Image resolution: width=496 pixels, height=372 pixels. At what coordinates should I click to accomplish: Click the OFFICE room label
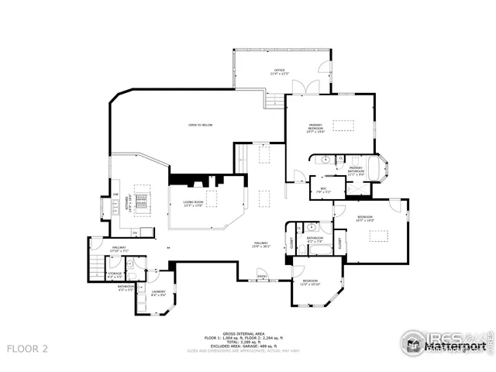point(277,71)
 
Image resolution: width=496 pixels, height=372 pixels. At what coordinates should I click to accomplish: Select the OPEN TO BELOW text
point(200,125)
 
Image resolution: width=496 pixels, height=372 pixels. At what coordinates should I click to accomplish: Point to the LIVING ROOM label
point(193,204)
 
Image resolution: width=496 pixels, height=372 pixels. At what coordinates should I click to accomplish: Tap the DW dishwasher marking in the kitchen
point(115,194)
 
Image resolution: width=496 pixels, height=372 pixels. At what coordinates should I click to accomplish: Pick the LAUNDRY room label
point(158,293)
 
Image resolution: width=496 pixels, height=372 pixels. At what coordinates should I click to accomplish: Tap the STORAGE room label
point(115,274)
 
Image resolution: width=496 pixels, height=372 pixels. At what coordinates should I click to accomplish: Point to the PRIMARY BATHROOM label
point(356,170)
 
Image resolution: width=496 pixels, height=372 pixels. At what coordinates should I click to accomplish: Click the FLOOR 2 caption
point(28,349)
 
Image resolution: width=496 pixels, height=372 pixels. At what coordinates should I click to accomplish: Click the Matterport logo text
point(457,347)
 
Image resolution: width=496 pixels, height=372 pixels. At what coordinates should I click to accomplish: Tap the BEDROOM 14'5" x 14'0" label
point(365,219)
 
